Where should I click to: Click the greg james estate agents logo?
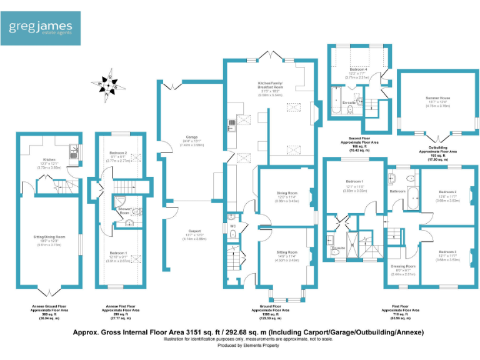(x=41, y=28)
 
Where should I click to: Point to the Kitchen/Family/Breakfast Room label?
(x=271, y=87)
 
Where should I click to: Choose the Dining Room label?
(x=287, y=192)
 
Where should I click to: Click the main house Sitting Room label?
(x=287, y=252)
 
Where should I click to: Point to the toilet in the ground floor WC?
(x=232, y=234)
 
